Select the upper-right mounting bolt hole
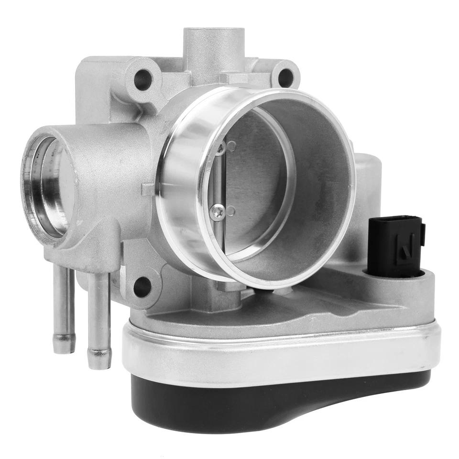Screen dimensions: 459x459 pos(285,76)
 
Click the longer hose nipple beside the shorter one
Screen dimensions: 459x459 pos(98,320)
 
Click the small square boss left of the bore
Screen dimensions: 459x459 pos(148,189)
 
